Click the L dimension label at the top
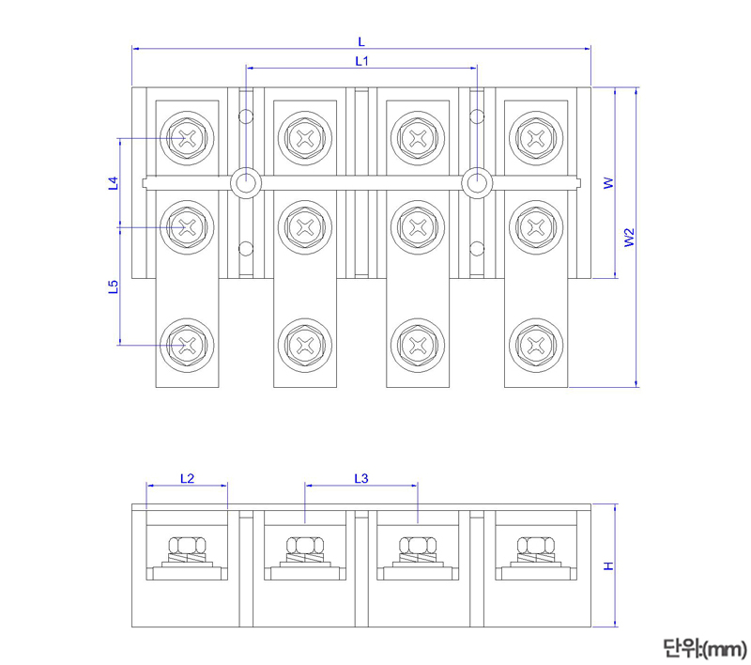(x=361, y=41)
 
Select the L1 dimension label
(x=361, y=61)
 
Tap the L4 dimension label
(x=113, y=183)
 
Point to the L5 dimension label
(x=113, y=286)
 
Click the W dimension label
(x=608, y=182)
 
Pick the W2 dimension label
(x=629, y=237)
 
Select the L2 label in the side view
(x=187, y=478)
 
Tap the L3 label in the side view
(x=361, y=478)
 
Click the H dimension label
(x=608, y=565)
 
